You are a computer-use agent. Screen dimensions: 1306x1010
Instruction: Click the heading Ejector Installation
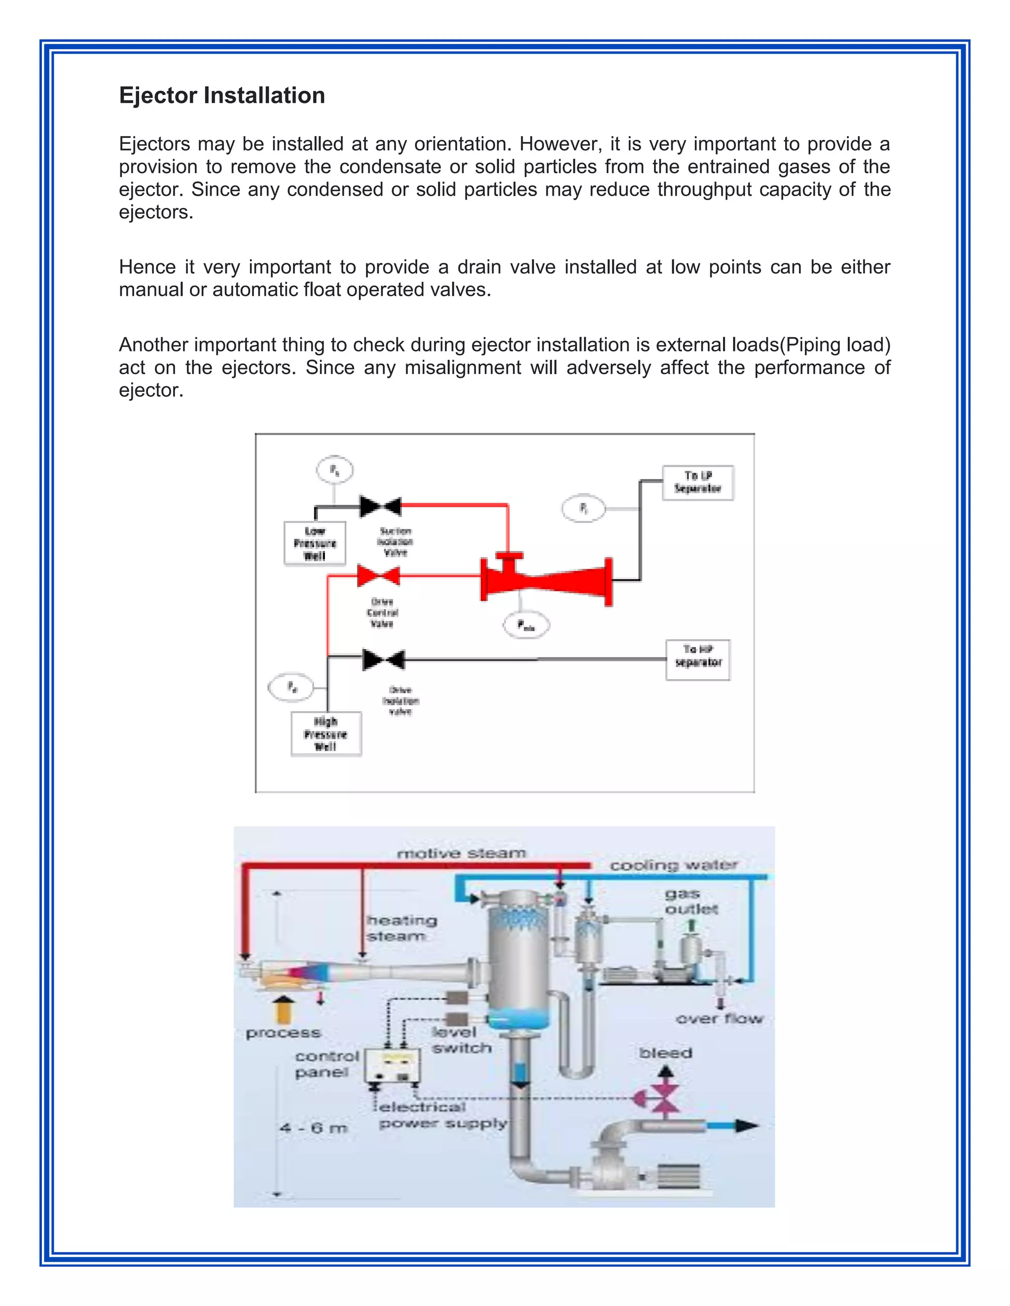coord(221,96)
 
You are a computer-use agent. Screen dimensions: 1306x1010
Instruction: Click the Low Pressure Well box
coord(315,543)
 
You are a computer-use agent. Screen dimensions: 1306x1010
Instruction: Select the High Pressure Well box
coord(325,734)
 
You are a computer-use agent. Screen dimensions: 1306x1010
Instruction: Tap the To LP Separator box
coord(698,482)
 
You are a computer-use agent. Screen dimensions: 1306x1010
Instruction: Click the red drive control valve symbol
coord(379,576)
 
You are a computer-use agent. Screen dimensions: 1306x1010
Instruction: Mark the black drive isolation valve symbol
coord(384,659)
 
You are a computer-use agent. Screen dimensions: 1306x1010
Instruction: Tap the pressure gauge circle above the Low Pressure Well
coord(334,470)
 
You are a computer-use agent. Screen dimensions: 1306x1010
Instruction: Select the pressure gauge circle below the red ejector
coord(525,625)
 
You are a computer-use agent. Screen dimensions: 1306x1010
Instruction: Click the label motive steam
coord(461,853)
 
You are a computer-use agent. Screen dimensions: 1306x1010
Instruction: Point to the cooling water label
coord(674,865)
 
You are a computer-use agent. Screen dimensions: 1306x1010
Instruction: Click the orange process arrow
coord(284,1009)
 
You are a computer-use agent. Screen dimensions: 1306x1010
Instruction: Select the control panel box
coord(392,1065)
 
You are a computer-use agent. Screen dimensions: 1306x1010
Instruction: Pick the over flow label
coord(719,1018)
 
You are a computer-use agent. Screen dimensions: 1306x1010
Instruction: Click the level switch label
coord(461,1040)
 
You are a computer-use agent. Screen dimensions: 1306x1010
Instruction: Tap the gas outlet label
coord(691,901)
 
